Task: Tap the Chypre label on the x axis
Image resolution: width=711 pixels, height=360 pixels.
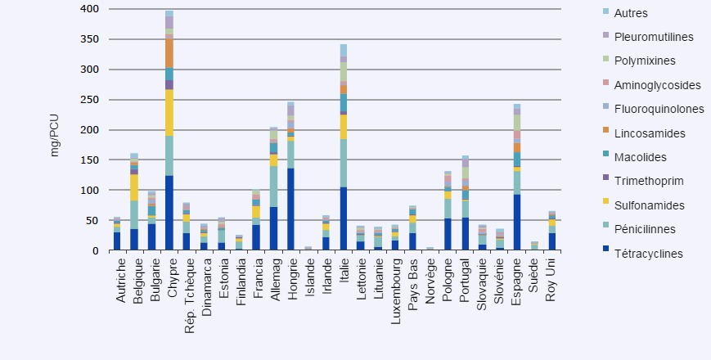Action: (170, 281)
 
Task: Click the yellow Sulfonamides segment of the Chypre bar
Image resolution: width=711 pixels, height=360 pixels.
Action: (169, 113)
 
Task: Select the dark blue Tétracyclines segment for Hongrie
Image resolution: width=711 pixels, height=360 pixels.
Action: (291, 209)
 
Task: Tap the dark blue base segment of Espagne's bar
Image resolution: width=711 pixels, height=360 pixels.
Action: (517, 222)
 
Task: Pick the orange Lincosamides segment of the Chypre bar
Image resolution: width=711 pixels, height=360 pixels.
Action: (169, 54)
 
